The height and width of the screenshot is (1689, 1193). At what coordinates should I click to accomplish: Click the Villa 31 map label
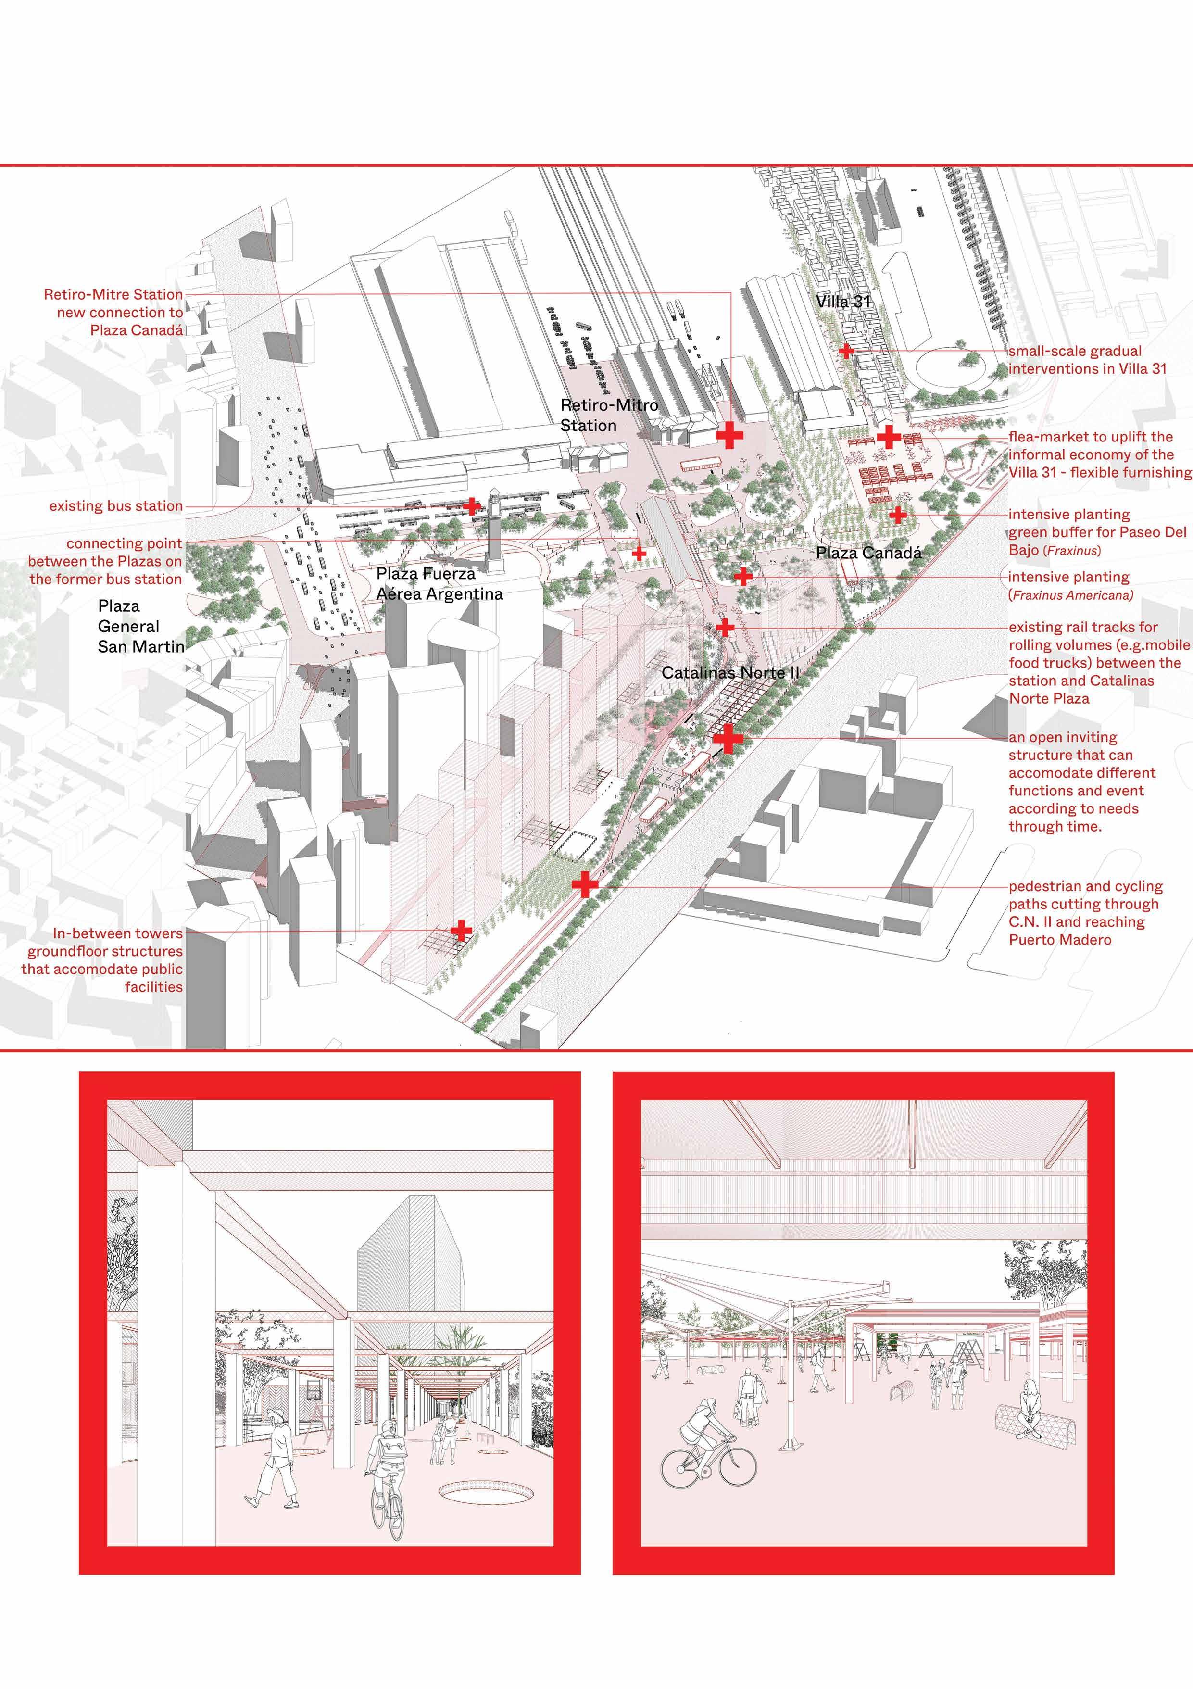[843, 302]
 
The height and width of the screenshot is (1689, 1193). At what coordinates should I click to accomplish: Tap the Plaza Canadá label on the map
[868, 553]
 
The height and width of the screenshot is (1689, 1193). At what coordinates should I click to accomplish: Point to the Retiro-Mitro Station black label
[609, 415]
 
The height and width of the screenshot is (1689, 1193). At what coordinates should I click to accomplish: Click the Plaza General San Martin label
[140, 626]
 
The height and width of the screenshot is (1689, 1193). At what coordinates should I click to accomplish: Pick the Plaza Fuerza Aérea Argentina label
[439, 584]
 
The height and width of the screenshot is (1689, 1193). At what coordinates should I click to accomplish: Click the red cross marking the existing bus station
[471, 506]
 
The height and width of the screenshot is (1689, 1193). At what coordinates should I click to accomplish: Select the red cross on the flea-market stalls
[889, 437]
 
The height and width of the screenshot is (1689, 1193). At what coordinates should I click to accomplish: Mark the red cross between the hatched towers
[461, 931]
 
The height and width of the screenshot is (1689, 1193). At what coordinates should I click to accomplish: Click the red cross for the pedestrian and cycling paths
[585, 884]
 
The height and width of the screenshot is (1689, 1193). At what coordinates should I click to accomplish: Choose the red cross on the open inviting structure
[728, 739]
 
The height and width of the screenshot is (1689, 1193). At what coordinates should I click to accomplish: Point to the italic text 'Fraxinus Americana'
[1072, 595]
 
